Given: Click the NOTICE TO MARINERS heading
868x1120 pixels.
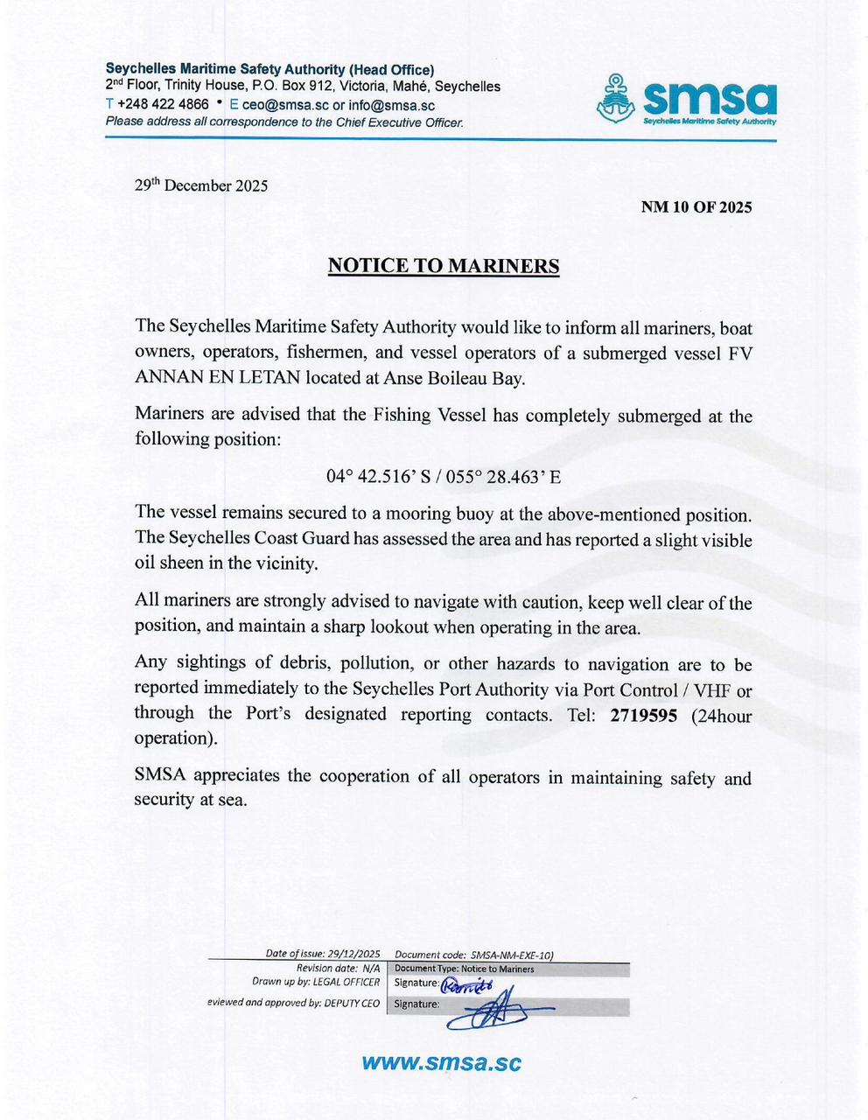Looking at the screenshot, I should coord(443,266).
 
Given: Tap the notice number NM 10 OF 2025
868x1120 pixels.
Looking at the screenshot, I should coord(696,207).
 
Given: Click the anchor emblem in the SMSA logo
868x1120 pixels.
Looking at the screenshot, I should coord(616,99).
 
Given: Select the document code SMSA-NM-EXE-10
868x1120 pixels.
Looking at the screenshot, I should coord(511,955).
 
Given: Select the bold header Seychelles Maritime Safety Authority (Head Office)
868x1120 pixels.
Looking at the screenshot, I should coord(269,69).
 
